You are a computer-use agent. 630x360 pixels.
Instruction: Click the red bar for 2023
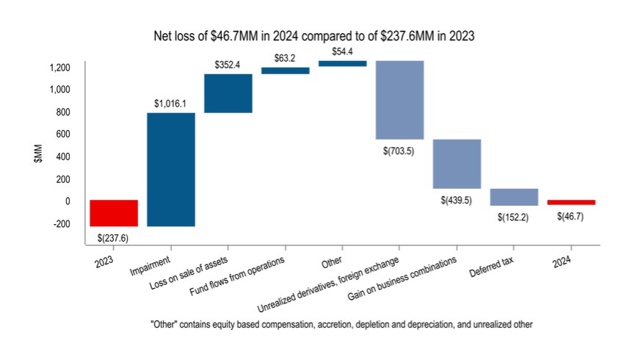[x=114, y=213]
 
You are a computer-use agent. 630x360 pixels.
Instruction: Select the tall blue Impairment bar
[x=171, y=170]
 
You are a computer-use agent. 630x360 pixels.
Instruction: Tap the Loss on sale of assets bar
[x=228, y=93]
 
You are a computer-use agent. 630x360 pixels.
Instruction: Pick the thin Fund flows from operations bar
[x=286, y=71]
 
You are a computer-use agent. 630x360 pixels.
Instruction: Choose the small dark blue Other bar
[x=343, y=63]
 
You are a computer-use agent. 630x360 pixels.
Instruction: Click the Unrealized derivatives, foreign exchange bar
[x=400, y=100]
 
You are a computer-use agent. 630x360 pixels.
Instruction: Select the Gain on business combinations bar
[x=457, y=164]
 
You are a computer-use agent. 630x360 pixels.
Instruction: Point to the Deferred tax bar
[x=514, y=197]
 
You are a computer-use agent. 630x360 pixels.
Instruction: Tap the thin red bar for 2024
[x=571, y=202]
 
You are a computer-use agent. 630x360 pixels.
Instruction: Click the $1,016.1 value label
[x=171, y=104]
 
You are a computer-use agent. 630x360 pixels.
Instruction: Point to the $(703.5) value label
[x=400, y=150]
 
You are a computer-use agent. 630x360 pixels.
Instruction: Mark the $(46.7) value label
[x=571, y=216]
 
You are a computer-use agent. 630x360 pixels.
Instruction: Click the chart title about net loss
[x=316, y=35]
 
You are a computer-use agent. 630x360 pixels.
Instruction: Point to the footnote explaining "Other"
[x=315, y=324]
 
